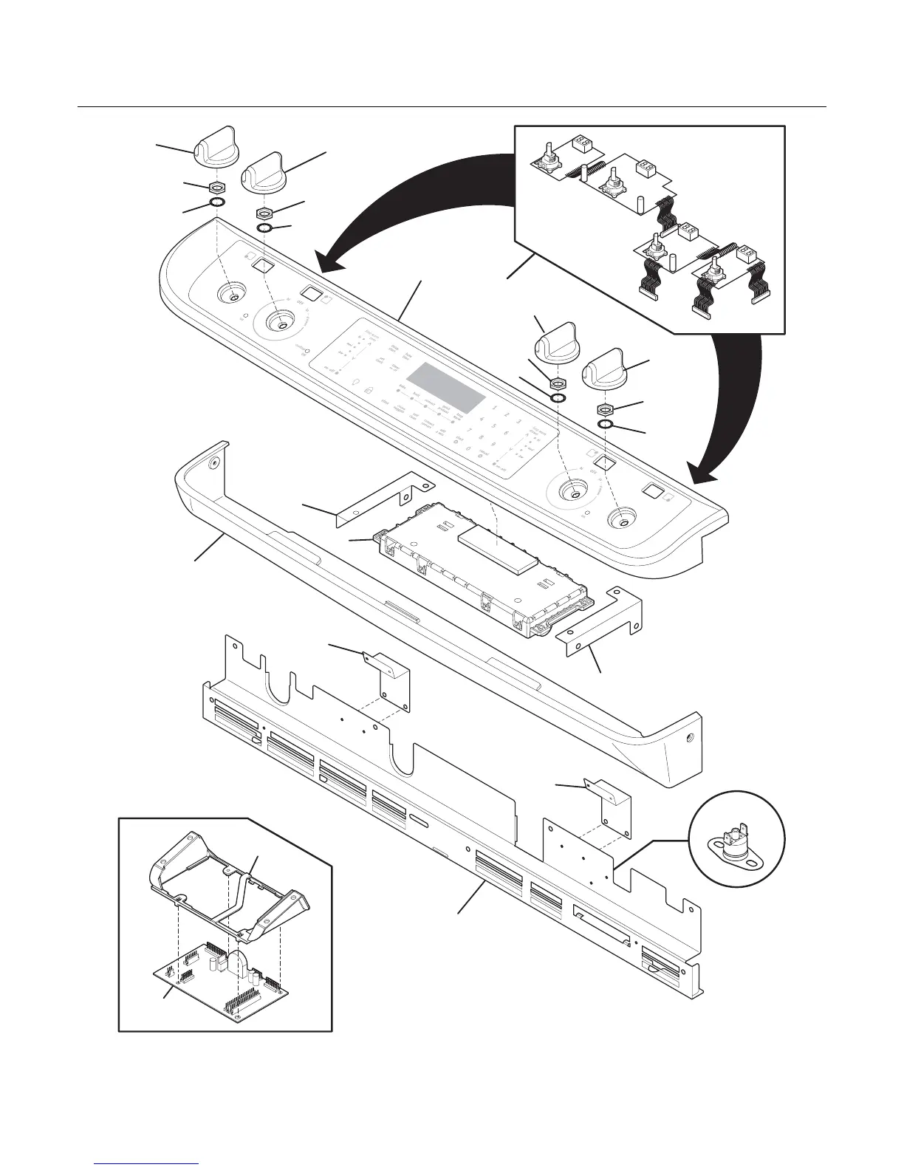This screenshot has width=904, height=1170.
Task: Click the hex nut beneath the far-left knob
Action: click(218, 186)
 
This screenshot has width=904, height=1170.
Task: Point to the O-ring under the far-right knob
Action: click(606, 424)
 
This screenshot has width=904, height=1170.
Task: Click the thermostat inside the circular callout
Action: click(736, 841)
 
